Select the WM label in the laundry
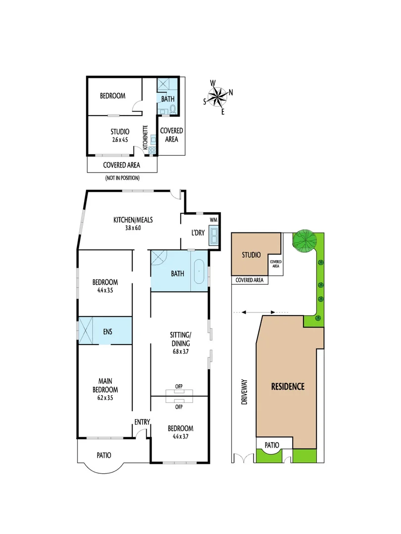214,219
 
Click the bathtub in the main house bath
199,272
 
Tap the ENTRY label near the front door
142,422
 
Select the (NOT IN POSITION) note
122,178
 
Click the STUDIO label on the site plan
251,255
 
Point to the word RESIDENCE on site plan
288,387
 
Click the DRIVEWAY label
244,393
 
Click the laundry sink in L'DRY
214,235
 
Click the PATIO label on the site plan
272,445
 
